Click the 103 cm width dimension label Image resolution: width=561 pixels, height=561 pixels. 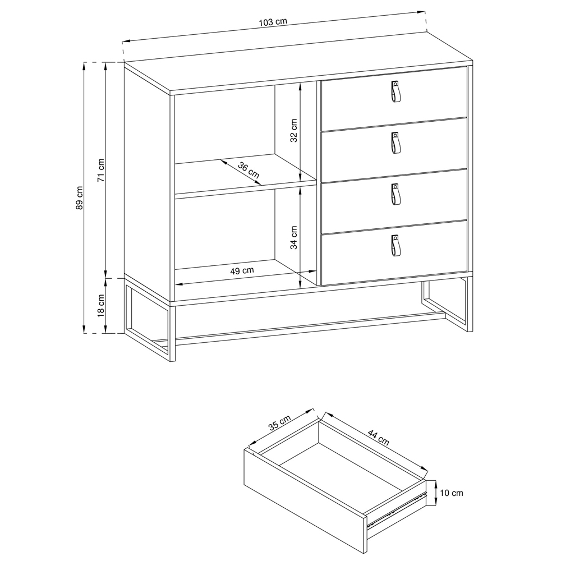(x=273, y=22)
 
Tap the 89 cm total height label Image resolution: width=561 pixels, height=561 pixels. (x=80, y=197)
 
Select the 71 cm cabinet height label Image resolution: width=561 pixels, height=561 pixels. (x=101, y=171)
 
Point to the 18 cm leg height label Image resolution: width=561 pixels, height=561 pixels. (x=101, y=306)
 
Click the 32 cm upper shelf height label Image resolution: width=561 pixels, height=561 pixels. (x=294, y=131)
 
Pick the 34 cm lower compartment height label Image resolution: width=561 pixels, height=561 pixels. (x=294, y=237)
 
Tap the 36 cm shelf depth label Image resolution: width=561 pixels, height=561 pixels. (x=249, y=171)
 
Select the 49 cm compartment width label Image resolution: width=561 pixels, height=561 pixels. (x=242, y=270)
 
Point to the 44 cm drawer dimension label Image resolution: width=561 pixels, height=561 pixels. (x=379, y=437)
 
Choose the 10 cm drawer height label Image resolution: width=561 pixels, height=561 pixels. (x=452, y=493)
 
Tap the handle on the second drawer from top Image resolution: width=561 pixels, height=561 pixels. (x=395, y=142)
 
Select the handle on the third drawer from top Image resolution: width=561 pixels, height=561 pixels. (x=395, y=194)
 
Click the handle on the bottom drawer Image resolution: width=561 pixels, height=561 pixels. (x=395, y=246)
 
